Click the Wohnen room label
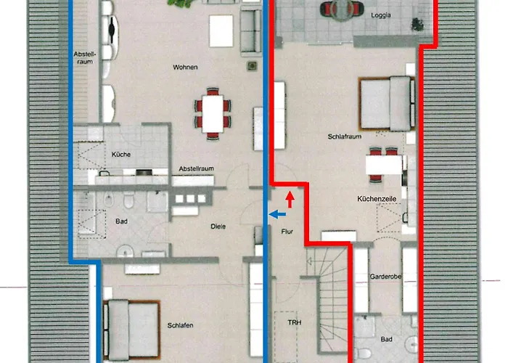(186, 68)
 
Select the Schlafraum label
(345, 135)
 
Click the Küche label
(120, 154)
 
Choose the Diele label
(218, 226)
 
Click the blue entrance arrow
(276, 214)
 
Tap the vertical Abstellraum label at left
(85, 57)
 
